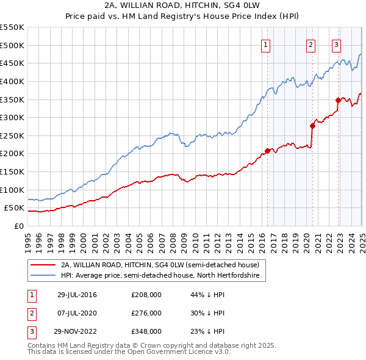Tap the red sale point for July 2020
pos(312,126)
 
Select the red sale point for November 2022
pos(338,100)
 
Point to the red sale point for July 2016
pos(268,151)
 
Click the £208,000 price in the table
pos(146,295)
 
